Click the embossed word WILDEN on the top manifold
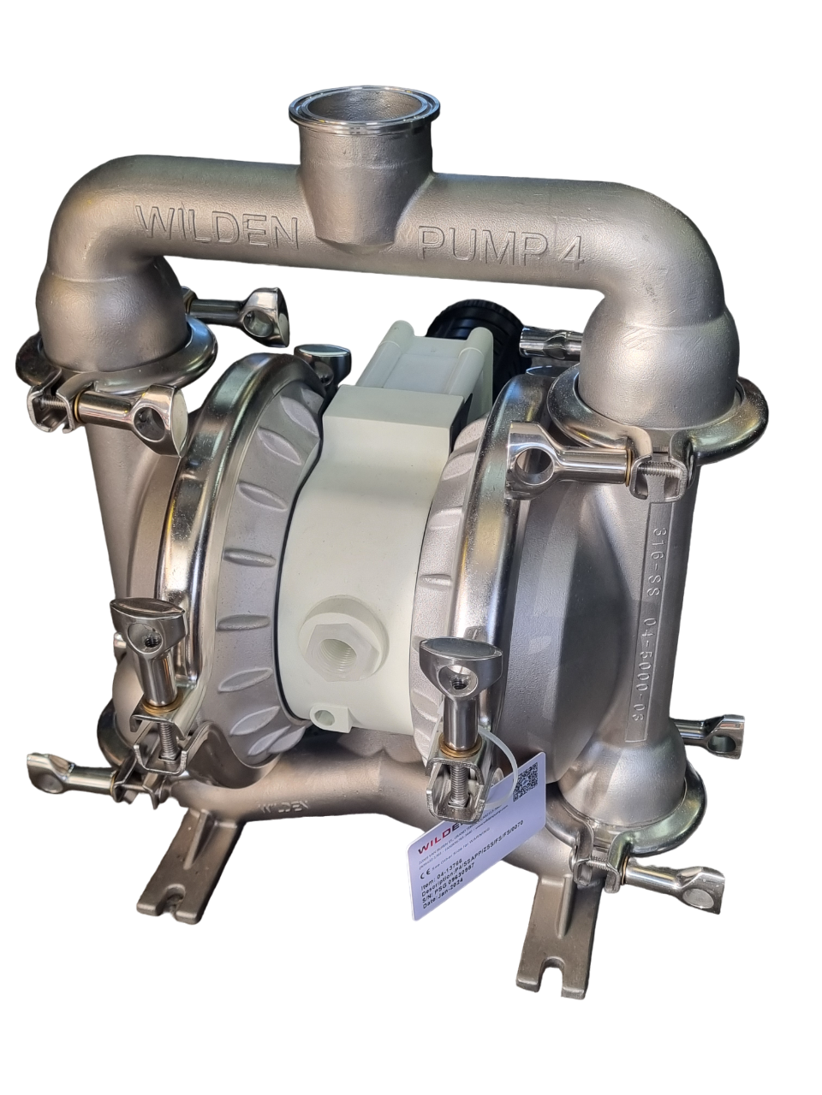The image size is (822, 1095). tap(221, 225)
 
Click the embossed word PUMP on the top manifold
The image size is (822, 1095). tap(479, 244)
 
